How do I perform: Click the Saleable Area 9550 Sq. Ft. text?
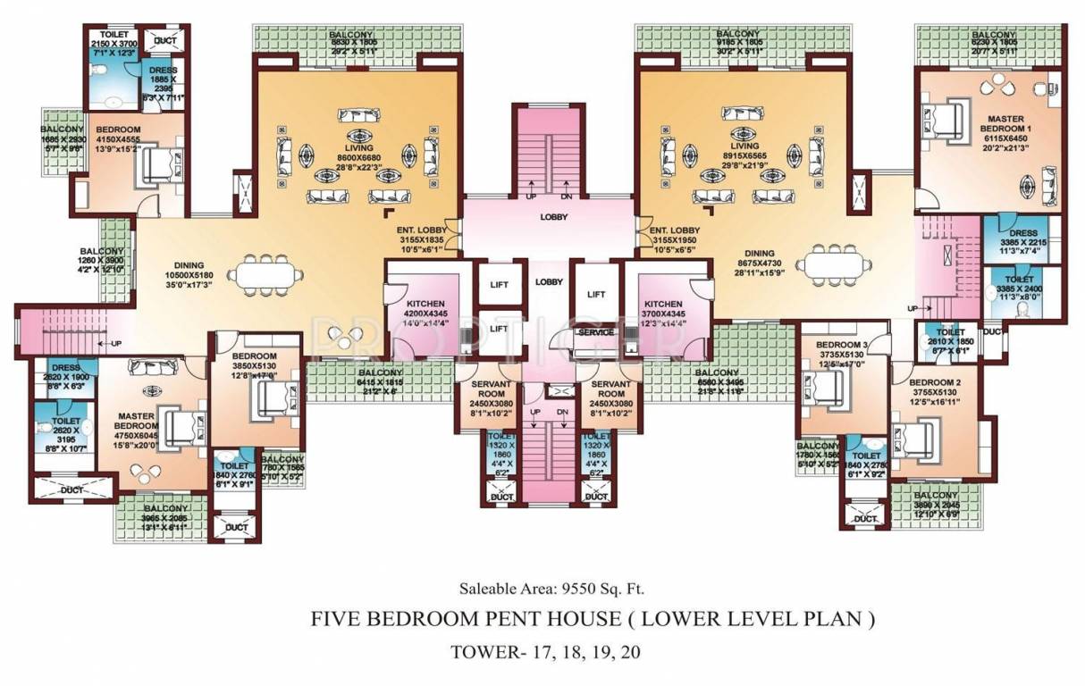click(551, 589)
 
